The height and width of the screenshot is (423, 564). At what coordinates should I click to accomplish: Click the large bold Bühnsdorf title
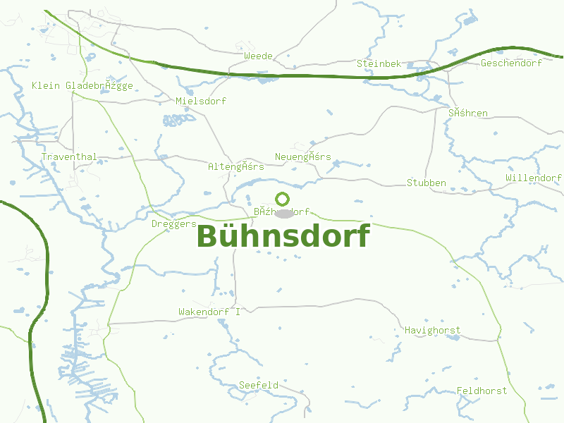pyautogui.click(x=283, y=236)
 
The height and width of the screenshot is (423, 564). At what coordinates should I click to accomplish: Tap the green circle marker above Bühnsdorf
pyautogui.click(x=283, y=200)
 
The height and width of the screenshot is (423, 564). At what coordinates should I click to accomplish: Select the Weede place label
pyautogui.click(x=257, y=56)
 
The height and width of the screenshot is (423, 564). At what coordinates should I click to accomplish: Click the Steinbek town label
pyautogui.click(x=379, y=63)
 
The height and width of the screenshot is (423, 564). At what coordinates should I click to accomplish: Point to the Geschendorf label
pyautogui.click(x=511, y=63)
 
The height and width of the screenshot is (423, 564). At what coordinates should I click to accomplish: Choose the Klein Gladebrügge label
pyautogui.click(x=82, y=86)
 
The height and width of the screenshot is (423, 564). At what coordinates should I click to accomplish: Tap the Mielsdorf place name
pyautogui.click(x=201, y=102)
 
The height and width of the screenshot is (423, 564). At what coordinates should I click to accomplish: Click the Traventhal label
pyautogui.click(x=69, y=157)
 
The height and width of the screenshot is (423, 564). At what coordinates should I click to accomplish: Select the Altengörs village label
pyautogui.click(x=236, y=167)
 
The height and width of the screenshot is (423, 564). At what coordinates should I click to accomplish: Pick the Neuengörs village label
pyautogui.click(x=302, y=157)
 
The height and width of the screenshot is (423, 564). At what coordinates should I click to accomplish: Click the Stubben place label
pyautogui.click(x=427, y=183)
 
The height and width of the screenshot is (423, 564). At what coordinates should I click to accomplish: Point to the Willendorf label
pyautogui.click(x=534, y=178)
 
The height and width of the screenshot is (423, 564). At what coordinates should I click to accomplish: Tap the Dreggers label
pyautogui.click(x=174, y=224)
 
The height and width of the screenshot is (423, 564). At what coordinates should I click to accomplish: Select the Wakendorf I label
pyautogui.click(x=209, y=312)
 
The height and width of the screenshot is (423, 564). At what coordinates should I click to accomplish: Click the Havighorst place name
pyautogui.click(x=432, y=330)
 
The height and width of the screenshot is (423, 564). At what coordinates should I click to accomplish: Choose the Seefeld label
pyautogui.click(x=259, y=386)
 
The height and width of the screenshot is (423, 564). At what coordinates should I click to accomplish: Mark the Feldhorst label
pyautogui.click(x=482, y=391)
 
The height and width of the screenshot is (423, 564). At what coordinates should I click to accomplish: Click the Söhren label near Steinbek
pyautogui.click(x=467, y=113)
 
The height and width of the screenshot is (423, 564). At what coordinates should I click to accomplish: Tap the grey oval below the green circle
pyautogui.click(x=283, y=214)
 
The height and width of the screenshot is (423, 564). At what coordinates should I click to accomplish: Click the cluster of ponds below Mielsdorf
pyautogui.click(x=179, y=120)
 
